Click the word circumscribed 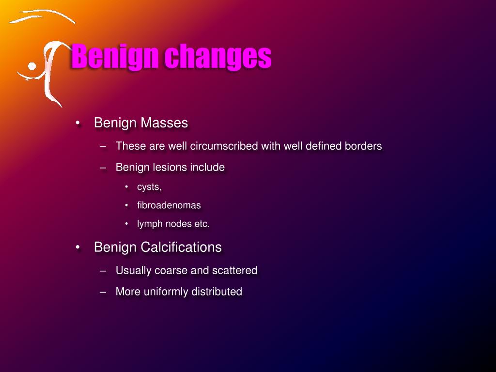(223, 146)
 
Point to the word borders (363, 146)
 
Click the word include (207, 168)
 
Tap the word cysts (149, 187)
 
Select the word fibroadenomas (169, 205)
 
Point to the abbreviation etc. (201, 224)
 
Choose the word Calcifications (181, 247)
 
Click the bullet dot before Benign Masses (78, 123)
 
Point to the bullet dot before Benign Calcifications (78, 247)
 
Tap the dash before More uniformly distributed (103, 292)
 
